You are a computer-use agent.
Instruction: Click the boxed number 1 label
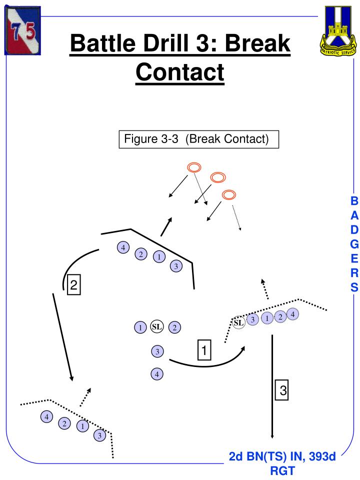pos(205,349)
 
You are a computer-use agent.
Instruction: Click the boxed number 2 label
pos(73,285)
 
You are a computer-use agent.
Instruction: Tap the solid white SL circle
pos(157,327)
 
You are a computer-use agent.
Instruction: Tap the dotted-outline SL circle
pos(239,322)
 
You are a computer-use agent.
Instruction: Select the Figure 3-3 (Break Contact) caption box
pos(198,139)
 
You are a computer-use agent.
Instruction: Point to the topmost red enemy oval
pos(194,167)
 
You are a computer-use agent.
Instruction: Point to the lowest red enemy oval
pos(229,194)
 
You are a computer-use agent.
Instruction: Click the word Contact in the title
pos(180,71)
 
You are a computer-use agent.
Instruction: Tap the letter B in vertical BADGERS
pos(354,201)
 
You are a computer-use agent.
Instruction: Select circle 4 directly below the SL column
pos(157,373)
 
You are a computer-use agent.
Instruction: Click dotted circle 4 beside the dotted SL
pos(292,314)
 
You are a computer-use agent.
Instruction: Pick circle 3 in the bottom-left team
pos(99,435)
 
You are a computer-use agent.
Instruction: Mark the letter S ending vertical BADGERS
pos(354,287)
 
